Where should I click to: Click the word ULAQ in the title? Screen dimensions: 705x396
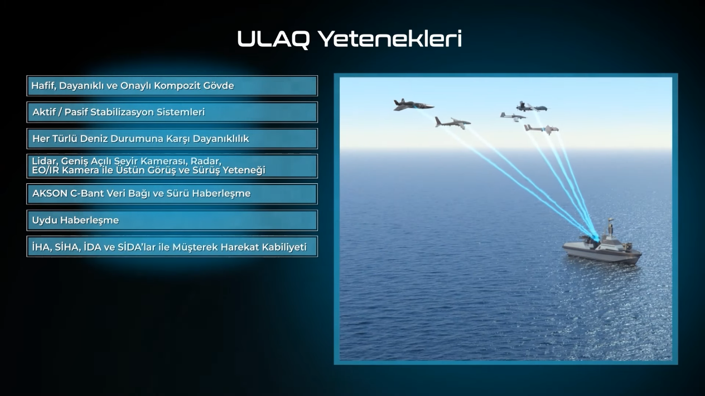pyautogui.click(x=273, y=39)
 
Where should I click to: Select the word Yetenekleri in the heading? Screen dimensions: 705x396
pyautogui.click(x=390, y=38)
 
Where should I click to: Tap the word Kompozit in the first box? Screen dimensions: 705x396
pyautogui.click(x=177, y=86)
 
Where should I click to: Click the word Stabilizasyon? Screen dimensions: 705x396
pyautogui.click(x=122, y=112)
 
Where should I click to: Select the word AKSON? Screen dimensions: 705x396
pyautogui.click(x=50, y=193)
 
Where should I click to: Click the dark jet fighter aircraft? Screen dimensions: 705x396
pyautogui.click(x=413, y=105)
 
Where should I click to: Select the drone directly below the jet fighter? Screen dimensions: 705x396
pyautogui.click(x=452, y=123)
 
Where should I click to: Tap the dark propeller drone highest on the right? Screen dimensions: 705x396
pyautogui.click(x=532, y=107)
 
